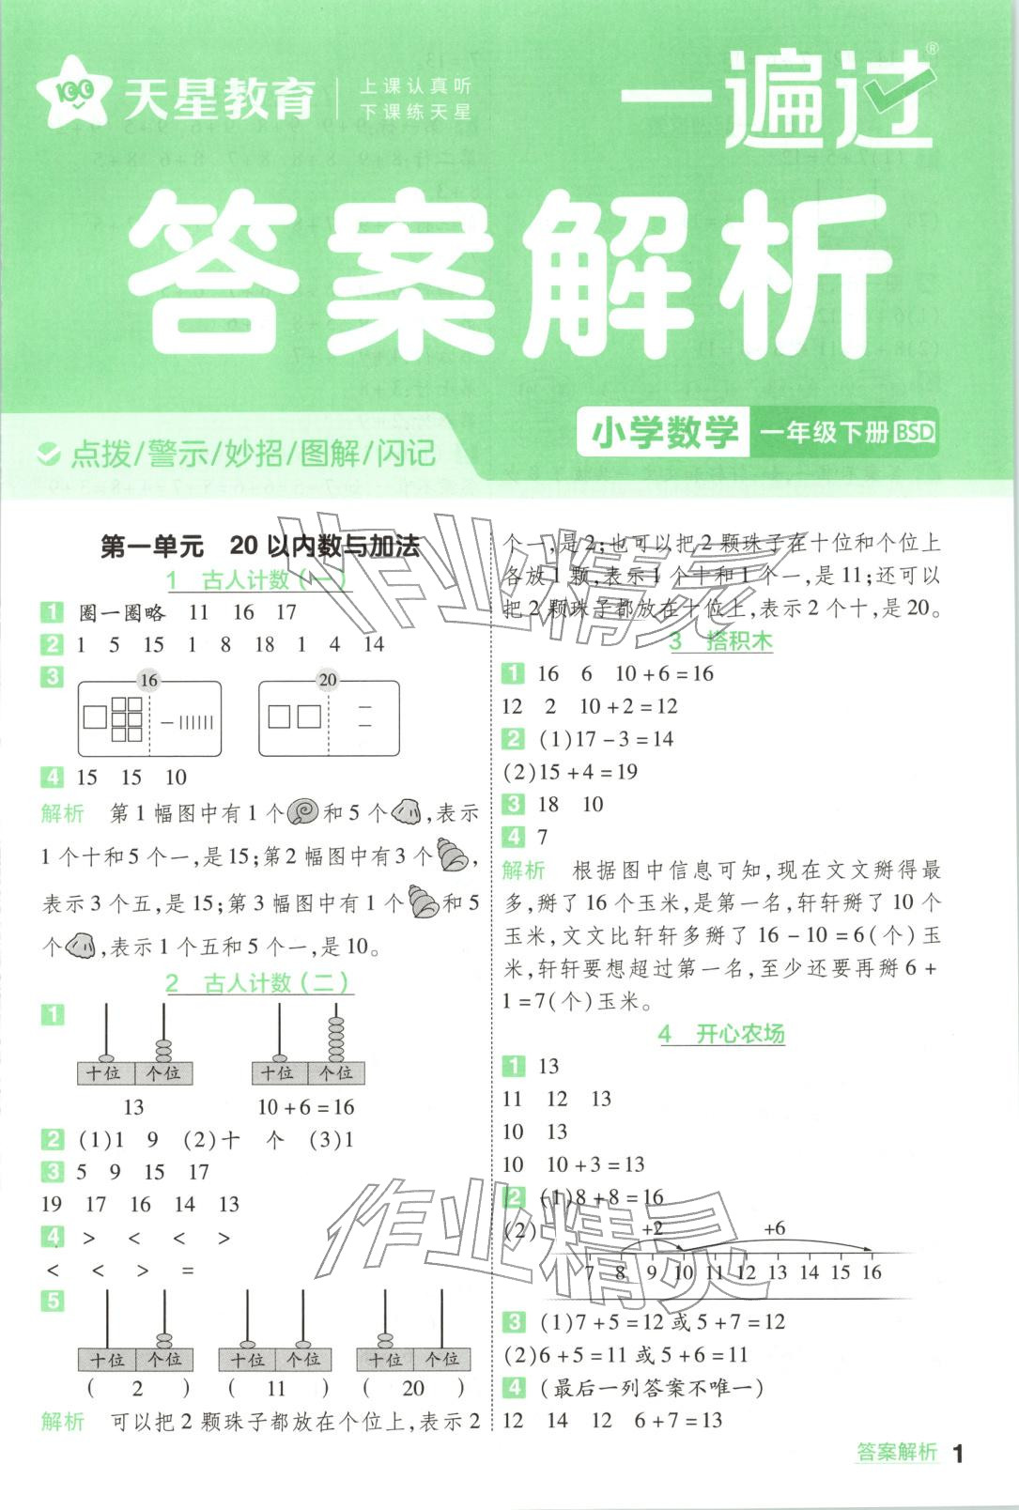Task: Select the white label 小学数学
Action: pyautogui.click(x=665, y=433)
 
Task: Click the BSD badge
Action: pyautogui.click(x=914, y=433)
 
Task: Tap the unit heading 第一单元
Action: pyautogui.click(x=151, y=547)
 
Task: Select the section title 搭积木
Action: pyautogui.click(x=722, y=641)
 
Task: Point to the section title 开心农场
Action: pyautogui.click(x=722, y=1034)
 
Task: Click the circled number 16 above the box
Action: pyautogui.click(x=148, y=680)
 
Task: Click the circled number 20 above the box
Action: pyautogui.click(x=328, y=680)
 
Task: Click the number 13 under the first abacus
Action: pyautogui.click(x=133, y=1107)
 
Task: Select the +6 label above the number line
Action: pyautogui.click(x=774, y=1228)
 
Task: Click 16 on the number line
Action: pyautogui.click(x=872, y=1272)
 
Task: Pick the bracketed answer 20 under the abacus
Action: pyautogui.click(x=413, y=1388)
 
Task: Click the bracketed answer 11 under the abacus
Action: pyautogui.click(x=276, y=1388)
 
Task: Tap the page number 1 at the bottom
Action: pyautogui.click(x=958, y=1455)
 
